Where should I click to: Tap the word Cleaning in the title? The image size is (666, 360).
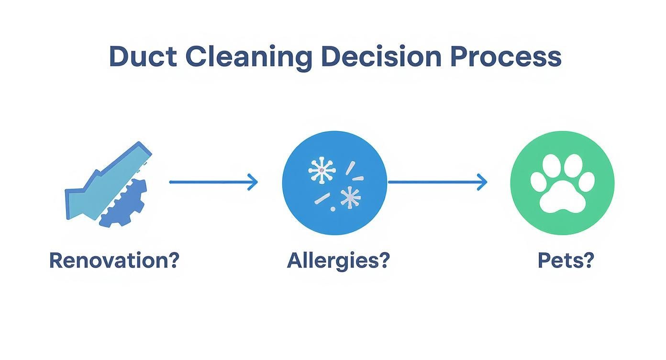(x=248, y=57)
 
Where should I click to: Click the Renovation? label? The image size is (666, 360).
(x=114, y=260)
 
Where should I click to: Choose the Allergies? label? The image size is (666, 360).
(x=338, y=261)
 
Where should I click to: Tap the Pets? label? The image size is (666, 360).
(x=566, y=260)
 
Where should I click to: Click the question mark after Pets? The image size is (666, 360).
(x=588, y=260)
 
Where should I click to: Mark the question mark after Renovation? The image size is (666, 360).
(x=173, y=260)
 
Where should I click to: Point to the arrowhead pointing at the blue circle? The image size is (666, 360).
(x=253, y=182)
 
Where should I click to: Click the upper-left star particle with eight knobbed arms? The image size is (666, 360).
(x=322, y=170)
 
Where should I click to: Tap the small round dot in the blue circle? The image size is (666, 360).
(x=333, y=209)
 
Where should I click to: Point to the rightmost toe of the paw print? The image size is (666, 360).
(x=588, y=182)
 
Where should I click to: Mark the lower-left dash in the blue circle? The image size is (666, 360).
(x=322, y=199)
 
